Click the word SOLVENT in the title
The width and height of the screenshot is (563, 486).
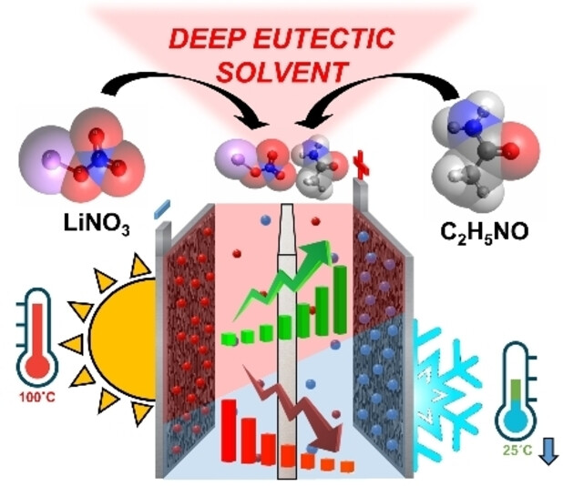click(283, 72)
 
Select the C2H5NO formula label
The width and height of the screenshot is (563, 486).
click(485, 232)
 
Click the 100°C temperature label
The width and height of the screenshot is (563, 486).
click(37, 398)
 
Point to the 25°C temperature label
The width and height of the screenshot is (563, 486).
click(517, 450)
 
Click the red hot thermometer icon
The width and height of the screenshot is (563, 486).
click(36, 337)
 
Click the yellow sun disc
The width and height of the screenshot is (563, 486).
click(124, 339)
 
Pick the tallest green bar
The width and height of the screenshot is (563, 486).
click(340, 299)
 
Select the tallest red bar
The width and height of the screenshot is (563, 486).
click(229, 430)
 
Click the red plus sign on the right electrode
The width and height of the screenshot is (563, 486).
click(361, 166)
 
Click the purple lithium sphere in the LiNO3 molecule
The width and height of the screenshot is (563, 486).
click(49, 160)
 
